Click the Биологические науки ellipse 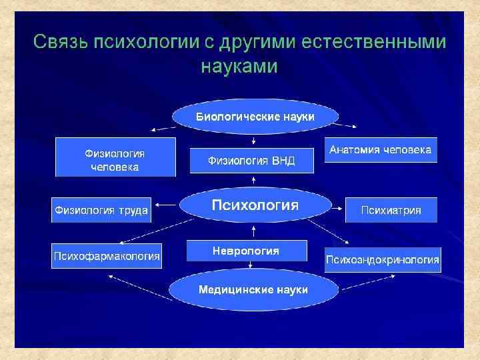pyautogui.click(x=255, y=117)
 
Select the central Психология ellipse pyautogui.click(x=255, y=205)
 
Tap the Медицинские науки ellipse pyautogui.click(x=253, y=290)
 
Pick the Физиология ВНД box pyautogui.click(x=251, y=161)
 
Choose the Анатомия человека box pyautogui.click(x=381, y=151)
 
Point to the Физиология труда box pyautogui.click(x=101, y=210)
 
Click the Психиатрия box pyautogui.click(x=391, y=210)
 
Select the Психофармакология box pyautogui.click(x=107, y=255)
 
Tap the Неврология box pyautogui.click(x=246, y=251)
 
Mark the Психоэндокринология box pyautogui.click(x=383, y=259)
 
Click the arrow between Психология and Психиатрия pyautogui.click(x=337, y=208)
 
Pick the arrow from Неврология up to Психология pyautogui.click(x=253, y=231)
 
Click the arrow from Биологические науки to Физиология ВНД pyautogui.click(x=253, y=139)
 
